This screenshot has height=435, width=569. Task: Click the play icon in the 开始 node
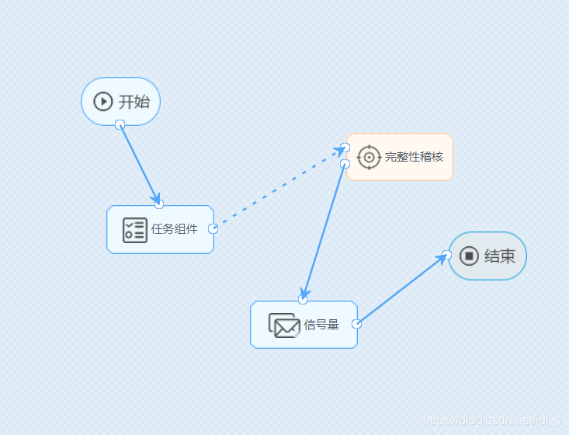pyautogui.click(x=103, y=101)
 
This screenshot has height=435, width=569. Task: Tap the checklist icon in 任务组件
pyautogui.click(x=134, y=230)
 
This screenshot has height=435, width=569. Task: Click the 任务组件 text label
pyautogui.click(x=175, y=229)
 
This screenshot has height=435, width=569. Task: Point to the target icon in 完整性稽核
pyautogui.click(x=369, y=157)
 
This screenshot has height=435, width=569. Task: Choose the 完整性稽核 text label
pyautogui.click(x=414, y=157)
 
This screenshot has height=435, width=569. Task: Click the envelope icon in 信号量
pyautogui.click(x=284, y=325)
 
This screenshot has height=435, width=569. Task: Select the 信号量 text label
pyautogui.click(x=321, y=325)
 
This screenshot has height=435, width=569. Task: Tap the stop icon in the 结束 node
pyautogui.click(x=469, y=256)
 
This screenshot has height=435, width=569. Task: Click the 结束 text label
pyautogui.click(x=500, y=256)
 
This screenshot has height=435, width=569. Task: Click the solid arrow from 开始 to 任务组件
pyautogui.click(x=140, y=165)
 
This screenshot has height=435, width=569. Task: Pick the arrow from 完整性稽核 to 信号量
pyautogui.click(x=324, y=230)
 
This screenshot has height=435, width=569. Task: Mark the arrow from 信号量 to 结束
pyautogui.click(x=401, y=289)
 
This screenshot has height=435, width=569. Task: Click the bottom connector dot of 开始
pyautogui.click(x=120, y=125)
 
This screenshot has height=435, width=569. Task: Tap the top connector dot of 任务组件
pyautogui.click(x=159, y=204)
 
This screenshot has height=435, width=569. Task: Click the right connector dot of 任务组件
pyautogui.click(x=213, y=228)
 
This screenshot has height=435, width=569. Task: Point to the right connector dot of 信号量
pyautogui.click(x=356, y=324)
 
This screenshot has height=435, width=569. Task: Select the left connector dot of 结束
pyautogui.click(x=446, y=255)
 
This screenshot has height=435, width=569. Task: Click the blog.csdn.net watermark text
pyautogui.click(x=493, y=420)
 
